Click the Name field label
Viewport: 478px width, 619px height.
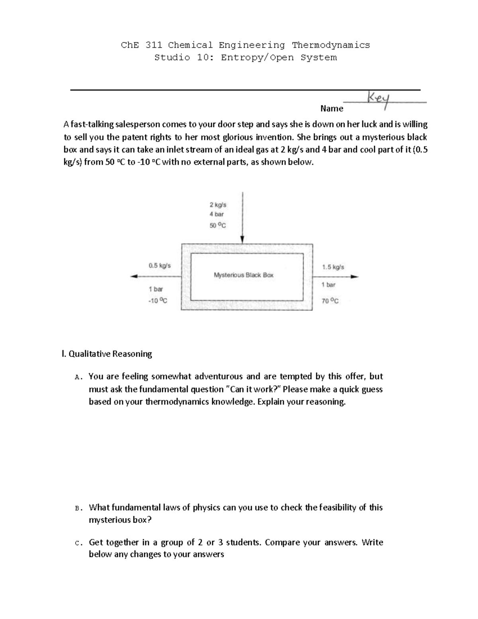click(x=331, y=108)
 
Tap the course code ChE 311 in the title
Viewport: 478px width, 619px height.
click(x=141, y=45)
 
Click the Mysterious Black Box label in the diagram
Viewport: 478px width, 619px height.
click(x=243, y=275)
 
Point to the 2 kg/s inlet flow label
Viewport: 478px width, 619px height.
click(x=218, y=205)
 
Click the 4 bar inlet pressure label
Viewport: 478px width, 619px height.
click(x=217, y=214)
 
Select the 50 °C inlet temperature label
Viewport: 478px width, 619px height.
click(x=217, y=225)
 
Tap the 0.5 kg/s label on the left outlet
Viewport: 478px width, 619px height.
click(x=159, y=265)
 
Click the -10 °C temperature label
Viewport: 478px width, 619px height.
click(x=158, y=301)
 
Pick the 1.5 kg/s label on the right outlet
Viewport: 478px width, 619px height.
click(x=333, y=267)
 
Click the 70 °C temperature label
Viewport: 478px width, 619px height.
click(x=330, y=301)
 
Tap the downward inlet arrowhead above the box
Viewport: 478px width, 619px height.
click(x=242, y=239)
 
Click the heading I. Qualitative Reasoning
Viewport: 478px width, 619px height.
click(x=106, y=354)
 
